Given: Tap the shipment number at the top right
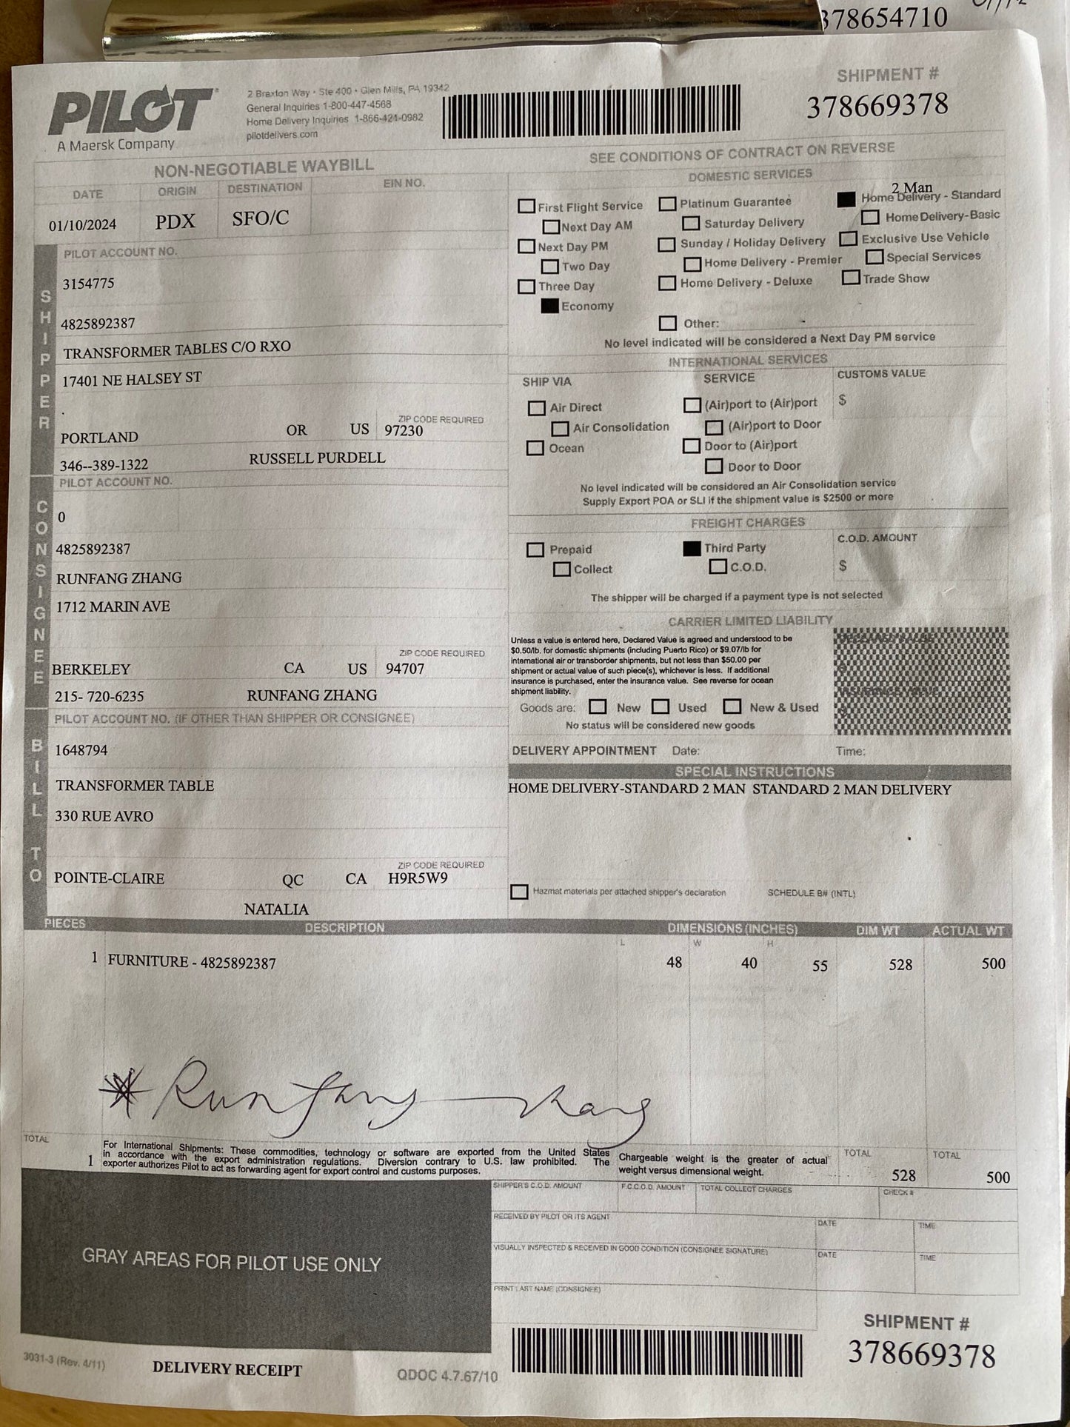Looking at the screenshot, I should tap(877, 106).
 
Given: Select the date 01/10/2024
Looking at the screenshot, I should tap(83, 224).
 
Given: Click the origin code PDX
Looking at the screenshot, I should tap(175, 221).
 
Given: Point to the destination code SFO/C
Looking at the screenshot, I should tap(260, 218).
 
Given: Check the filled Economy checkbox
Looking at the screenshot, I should tap(549, 306).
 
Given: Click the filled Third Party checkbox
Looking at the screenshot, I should tap(692, 548).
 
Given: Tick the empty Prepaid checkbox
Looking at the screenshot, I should tap(535, 549).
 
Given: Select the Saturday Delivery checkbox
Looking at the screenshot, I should tap(691, 223).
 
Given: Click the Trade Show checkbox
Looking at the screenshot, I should tap(852, 278).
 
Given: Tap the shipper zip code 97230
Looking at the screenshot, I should tap(404, 431).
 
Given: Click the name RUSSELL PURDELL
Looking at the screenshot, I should tap(317, 458).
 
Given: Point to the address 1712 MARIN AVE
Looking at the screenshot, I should tap(113, 606).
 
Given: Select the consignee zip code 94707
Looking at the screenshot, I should tap(405, 669).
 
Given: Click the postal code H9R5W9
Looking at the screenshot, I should tap(418, 879).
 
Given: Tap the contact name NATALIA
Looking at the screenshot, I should tap(276, 909).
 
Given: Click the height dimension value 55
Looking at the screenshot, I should tap(820, 966).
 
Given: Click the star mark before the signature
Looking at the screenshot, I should tap(126, 1091).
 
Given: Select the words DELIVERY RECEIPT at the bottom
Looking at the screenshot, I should tap(227, 1369).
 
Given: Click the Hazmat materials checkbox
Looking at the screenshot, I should tap(519, 892).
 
